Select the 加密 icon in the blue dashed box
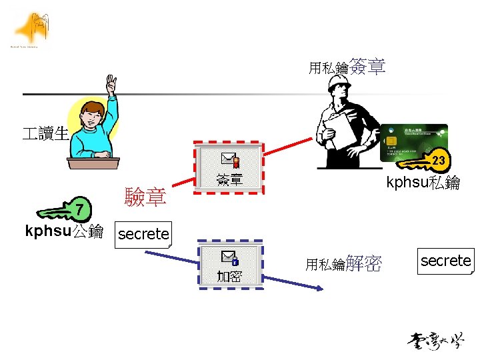[x=229, y=264]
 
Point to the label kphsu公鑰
[x=64, y=233]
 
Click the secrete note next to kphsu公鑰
[x=143, y=234]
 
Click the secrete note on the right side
[x=445, y=261]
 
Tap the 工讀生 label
[x=45, y=133]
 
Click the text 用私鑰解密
[x=343, y=264]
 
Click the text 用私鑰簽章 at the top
[x=347, y=67]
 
